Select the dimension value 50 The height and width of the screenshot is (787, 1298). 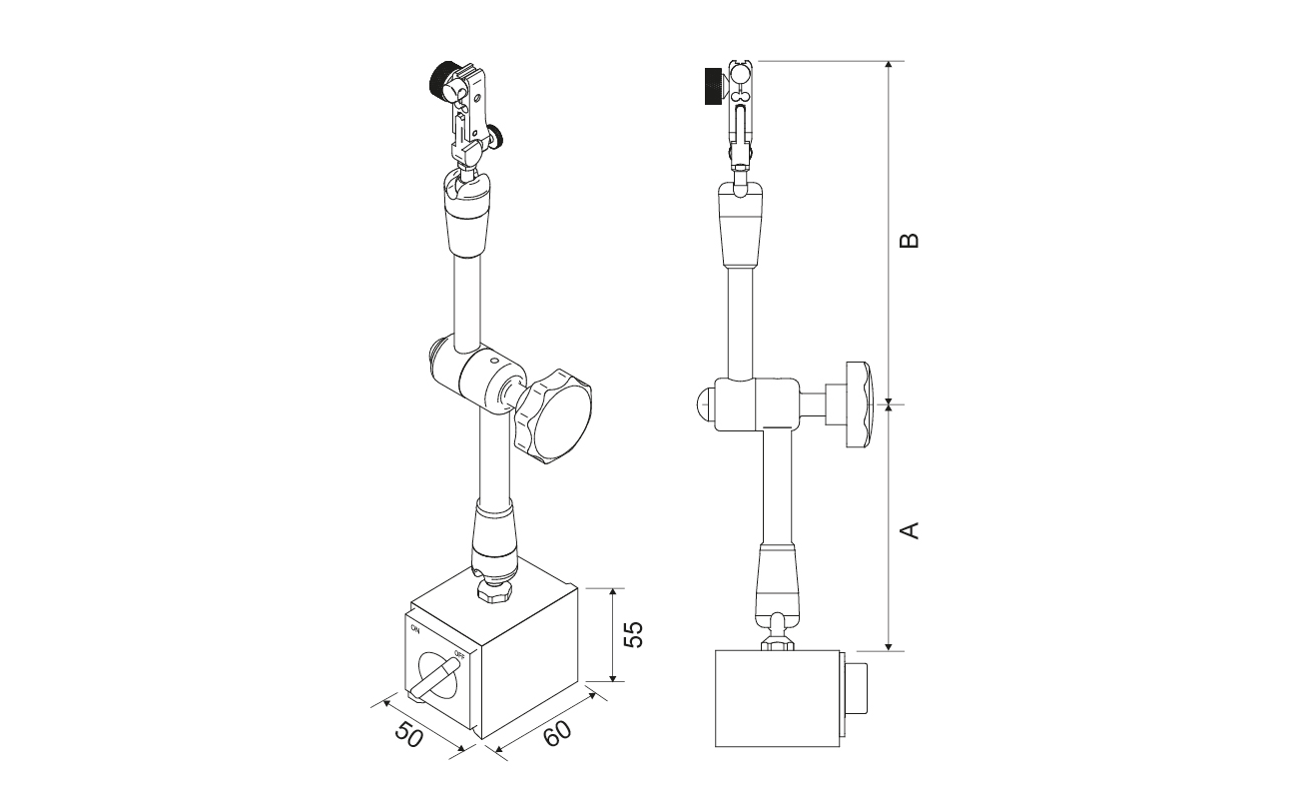pyautogui.click(x=409, y=735)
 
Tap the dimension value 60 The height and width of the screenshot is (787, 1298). pyautogui.click(x=557, y=734)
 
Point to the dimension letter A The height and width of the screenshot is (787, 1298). pyautogui.click(x=911, y=530)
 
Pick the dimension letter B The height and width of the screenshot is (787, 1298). pyautogui.click(x=911, y=240)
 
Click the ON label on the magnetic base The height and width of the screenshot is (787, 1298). pyautogui.click(x=415, y=627)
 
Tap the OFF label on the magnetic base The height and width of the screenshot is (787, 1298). pyautogui.click(x=459, y=655)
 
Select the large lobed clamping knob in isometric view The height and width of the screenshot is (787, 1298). pyautogui.click(x=553, y=416)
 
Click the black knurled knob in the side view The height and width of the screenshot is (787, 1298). pyautogui.click(x=713, y=86)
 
